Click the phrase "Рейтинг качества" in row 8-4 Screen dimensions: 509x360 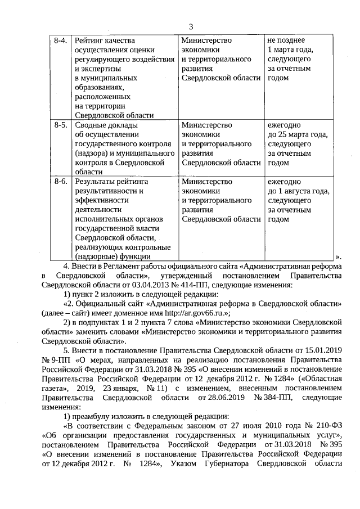pos(105,40)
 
